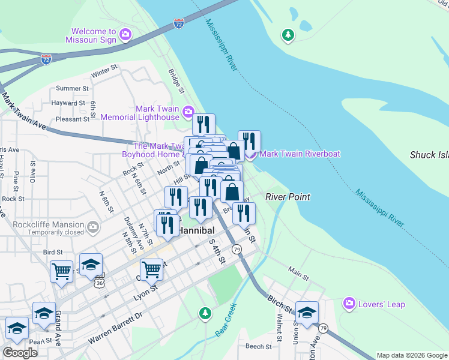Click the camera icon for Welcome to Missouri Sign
coord(125,35)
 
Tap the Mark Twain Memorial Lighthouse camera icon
coord(188,112)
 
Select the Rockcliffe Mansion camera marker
coord(93,227)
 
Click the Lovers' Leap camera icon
coord(348,304)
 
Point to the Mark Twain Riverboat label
coord(301,154)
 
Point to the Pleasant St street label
coord(72,119)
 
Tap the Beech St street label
coord(259,346)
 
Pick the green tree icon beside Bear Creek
coord(205,313)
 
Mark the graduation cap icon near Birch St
coord(307,313)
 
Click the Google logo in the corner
coord(20,353)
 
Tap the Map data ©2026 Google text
coord(412,355)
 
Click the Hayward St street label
coord(70,103)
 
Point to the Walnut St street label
coord(279,321)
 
